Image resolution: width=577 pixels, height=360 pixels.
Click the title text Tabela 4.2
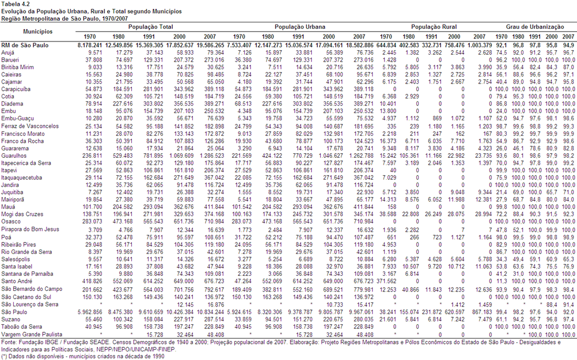[16, 4]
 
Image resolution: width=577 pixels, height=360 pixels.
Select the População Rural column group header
[434, 27]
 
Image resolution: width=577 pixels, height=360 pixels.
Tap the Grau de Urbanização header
[535, 27]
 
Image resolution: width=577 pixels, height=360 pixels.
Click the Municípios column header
[38, 32]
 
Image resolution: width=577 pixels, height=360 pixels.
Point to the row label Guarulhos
[14, 156]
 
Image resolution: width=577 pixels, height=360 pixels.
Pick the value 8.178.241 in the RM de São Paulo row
[90, 46]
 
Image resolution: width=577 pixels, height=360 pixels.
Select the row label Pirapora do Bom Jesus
[30, 229]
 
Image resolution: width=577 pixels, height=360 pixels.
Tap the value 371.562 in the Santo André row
[386, 281]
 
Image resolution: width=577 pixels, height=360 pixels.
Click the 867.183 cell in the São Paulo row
[481, 312]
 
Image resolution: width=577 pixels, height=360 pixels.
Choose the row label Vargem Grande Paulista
[32, 335]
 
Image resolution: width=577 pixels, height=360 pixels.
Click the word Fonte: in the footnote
[9, 342]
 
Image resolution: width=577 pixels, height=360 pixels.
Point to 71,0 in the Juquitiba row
[568, 192]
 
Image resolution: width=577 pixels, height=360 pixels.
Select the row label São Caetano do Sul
[26, 297]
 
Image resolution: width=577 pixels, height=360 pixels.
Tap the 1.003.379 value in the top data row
[480, 46]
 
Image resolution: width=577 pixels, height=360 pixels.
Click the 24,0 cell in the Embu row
[501, 111]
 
